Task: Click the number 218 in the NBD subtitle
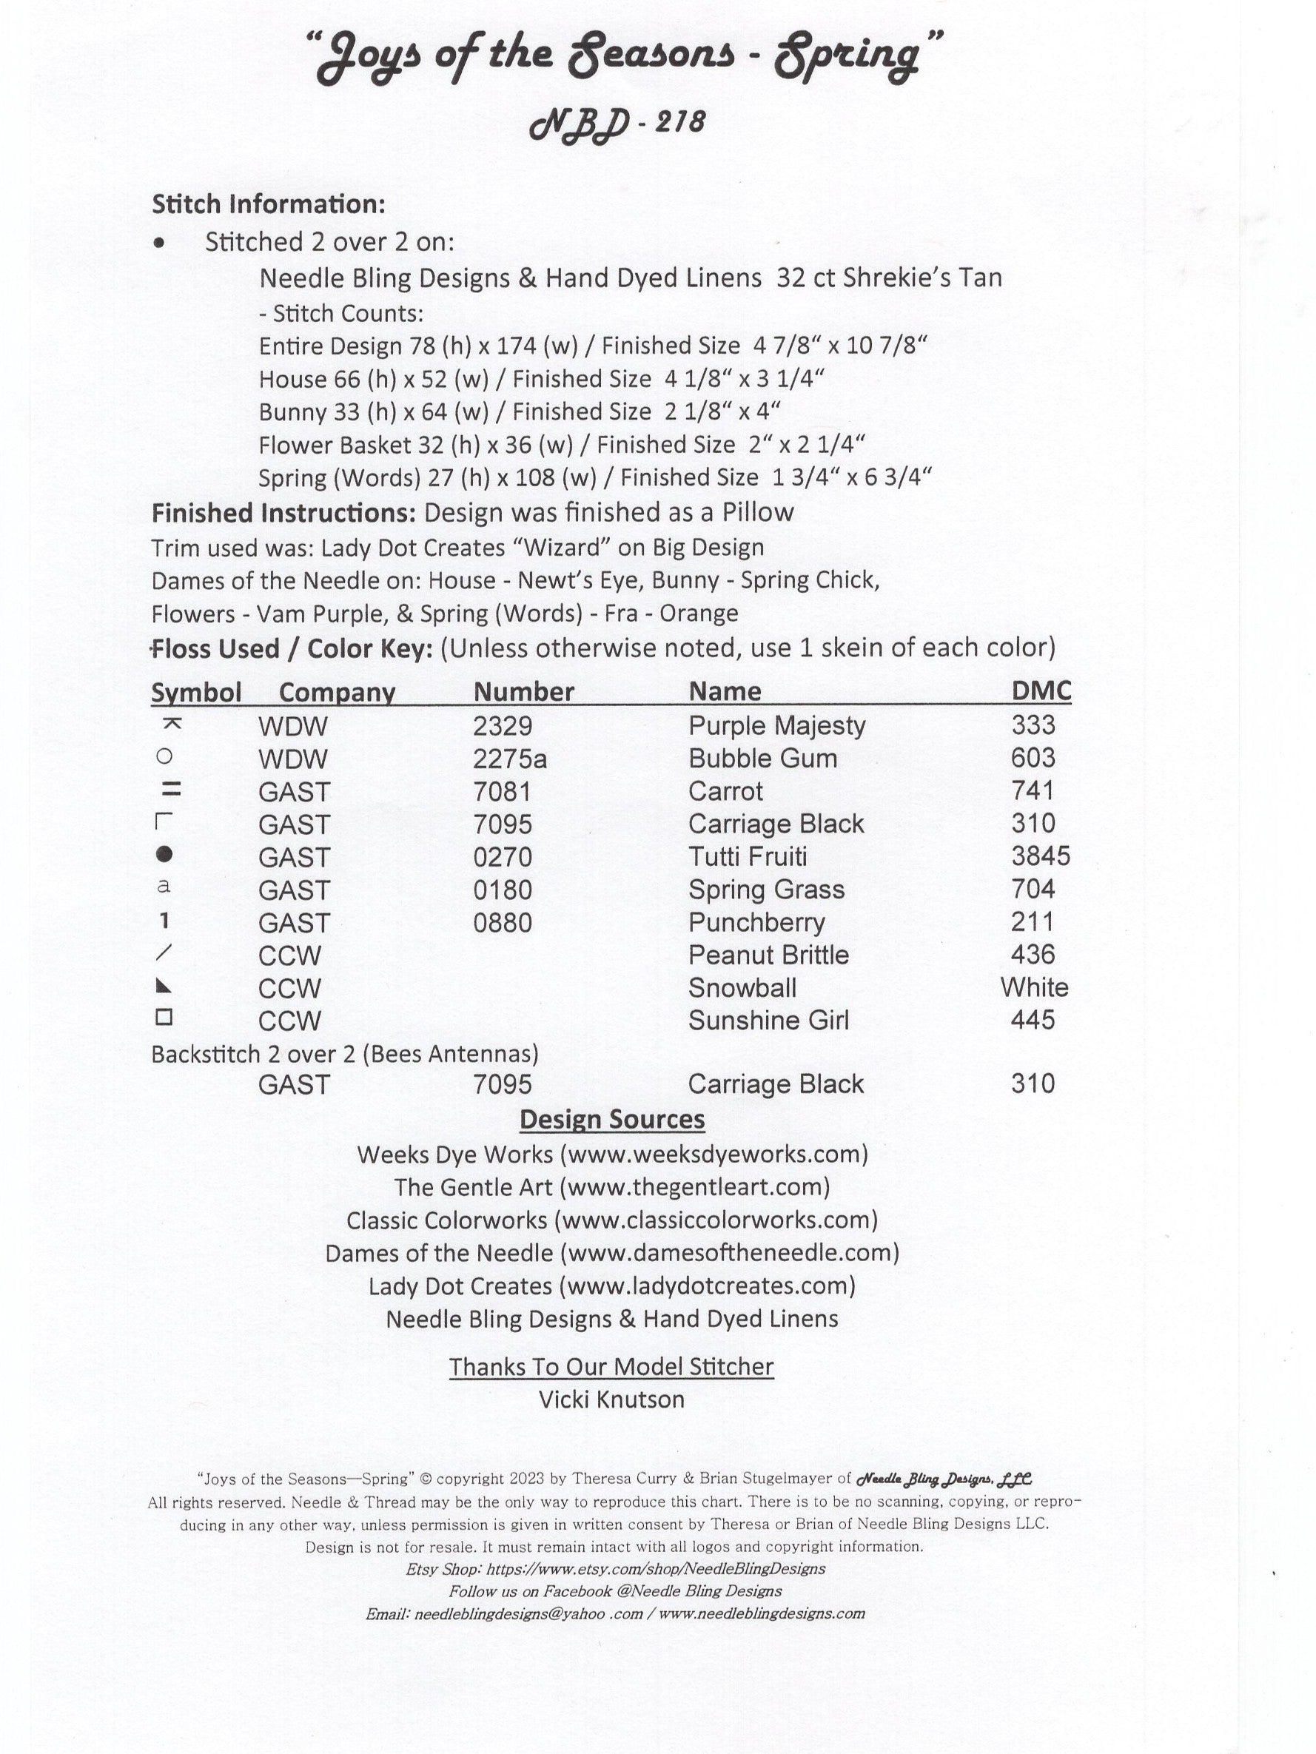681,122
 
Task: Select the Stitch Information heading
268,204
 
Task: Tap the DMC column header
1041,690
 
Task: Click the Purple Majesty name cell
776,725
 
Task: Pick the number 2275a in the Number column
509,759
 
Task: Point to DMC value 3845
1040,856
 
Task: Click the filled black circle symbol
164,854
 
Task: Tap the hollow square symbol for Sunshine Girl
164,1017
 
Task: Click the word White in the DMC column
1033,987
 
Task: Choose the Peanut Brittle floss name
768,955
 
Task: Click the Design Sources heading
611,1119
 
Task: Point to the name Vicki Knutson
611,1399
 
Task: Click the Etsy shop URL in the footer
655,1568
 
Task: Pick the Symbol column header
196,692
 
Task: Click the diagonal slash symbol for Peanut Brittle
165,952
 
